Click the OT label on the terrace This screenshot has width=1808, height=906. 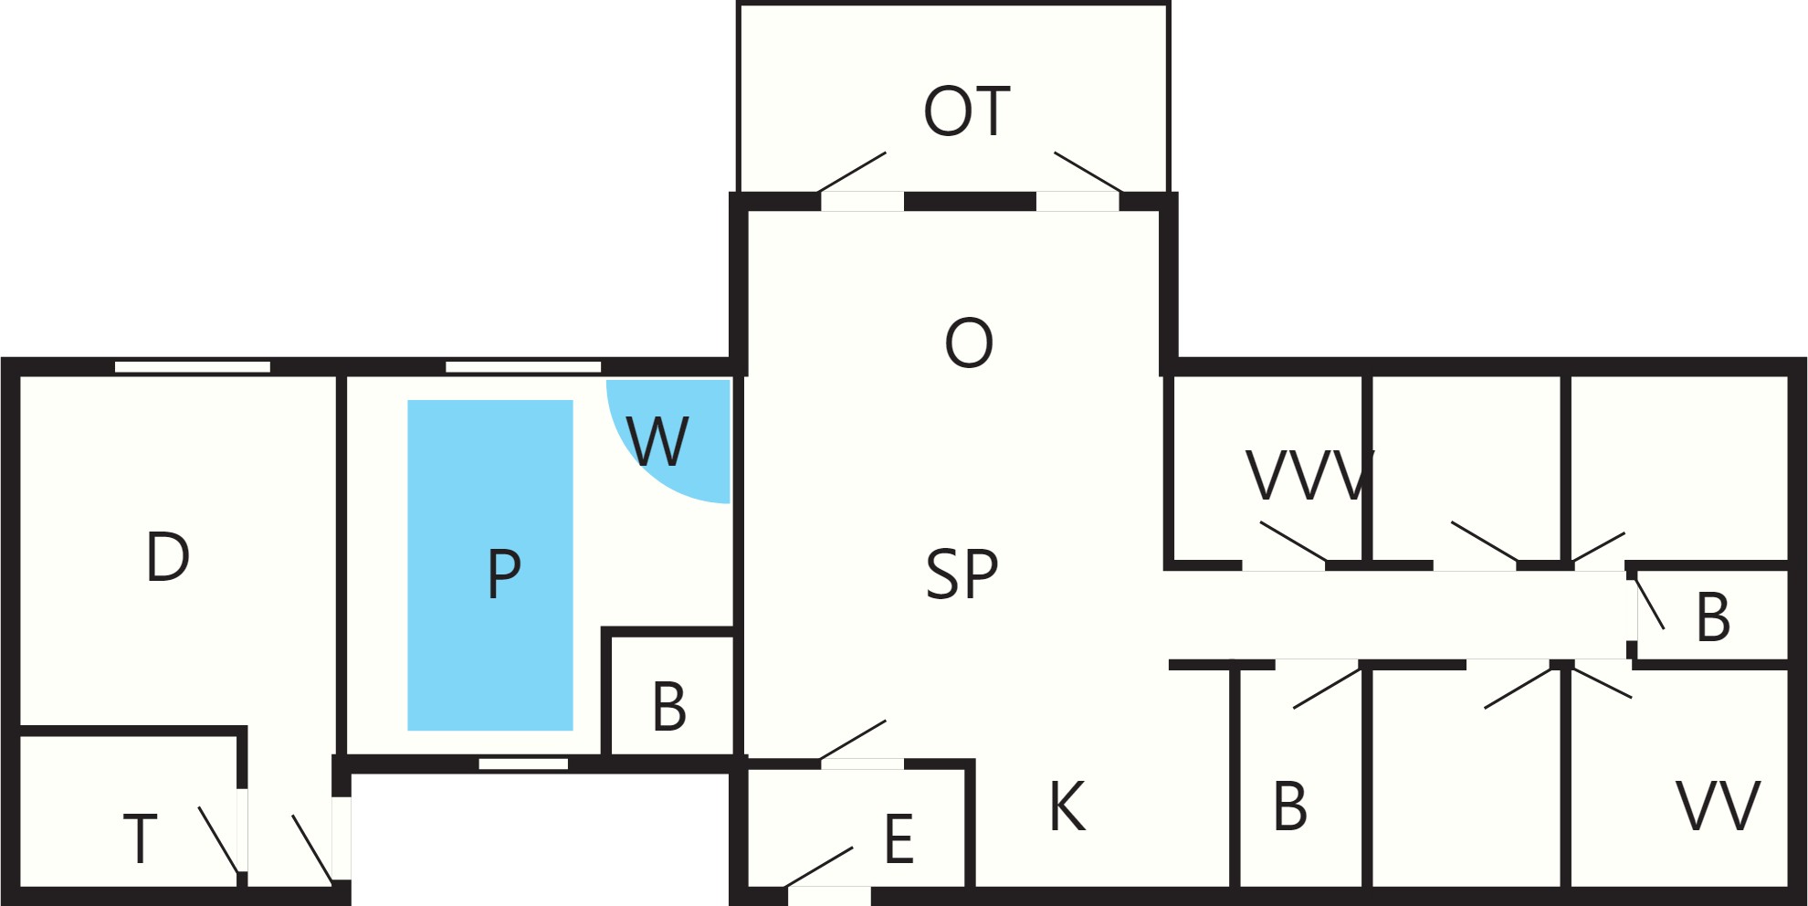pyautogui.click(x=967, y=111)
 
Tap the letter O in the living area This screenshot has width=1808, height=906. pyautogui.click(x=969, y=343)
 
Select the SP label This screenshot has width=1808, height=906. pyautogui.click(x=962, y=574)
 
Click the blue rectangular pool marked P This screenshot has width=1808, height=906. pyautogui.click(x=490, y=565)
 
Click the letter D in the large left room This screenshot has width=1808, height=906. pyautogui.click(x=168, y=557)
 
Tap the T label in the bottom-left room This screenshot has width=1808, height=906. pyautogui.click(x=140, y=838)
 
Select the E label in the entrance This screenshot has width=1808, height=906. pyautogui.click(x=899, y=839)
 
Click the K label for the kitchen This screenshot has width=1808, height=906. pyautogui.click(x=1067, y=806)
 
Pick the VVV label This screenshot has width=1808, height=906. pyautogui.click(x=1310, y=476)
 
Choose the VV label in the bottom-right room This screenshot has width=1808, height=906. pyautogui.click(x=1718, y=806)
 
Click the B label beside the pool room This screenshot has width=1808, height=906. pyautogui.click(x=669, y=707)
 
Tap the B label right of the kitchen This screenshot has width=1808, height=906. pyautogui.click(x=1290, y=806)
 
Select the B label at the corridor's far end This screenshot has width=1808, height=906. pyautogui.click(x=1713, y=617)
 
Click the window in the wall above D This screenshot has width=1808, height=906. pyautogui.click(x=193, y=367)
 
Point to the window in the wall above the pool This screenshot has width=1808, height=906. pyautogui.click(x=523, y=367)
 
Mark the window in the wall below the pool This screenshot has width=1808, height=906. pyautogui.click(x=523, y=764)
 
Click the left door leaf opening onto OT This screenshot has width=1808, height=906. pyautogui.click(x=853, y=172)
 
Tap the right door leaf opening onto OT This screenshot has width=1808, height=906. pyautogui.click(x=1088, y=172)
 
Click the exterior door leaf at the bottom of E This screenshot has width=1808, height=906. pyautogui.click(x=819, y=867)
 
